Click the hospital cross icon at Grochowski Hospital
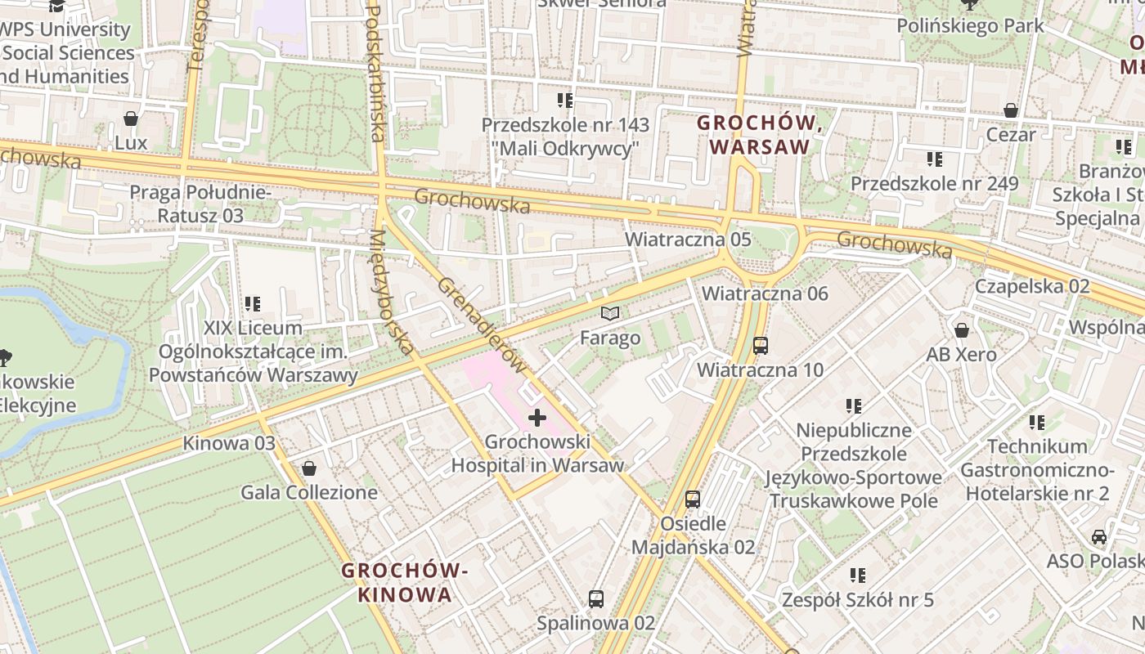point(537,419)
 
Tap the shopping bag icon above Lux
point(131,119)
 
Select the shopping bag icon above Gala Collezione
point(309,468)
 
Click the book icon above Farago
point(610,313)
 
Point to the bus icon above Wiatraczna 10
point(761,346)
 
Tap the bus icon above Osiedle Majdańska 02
point(693,499)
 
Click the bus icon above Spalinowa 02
point(596,599)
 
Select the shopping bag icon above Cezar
point(1011,110)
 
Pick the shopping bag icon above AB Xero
point(962,330)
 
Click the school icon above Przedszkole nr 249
point(935,159)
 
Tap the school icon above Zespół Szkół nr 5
point(857,576)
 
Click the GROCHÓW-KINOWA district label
point(405,582)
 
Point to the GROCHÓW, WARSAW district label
point(760,135)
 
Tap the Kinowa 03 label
point(229,444)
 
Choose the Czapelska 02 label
point(1032,287)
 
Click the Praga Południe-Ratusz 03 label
point(200,204)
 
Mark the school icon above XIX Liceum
point(253,304)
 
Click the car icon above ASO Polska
point(1099,537)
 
